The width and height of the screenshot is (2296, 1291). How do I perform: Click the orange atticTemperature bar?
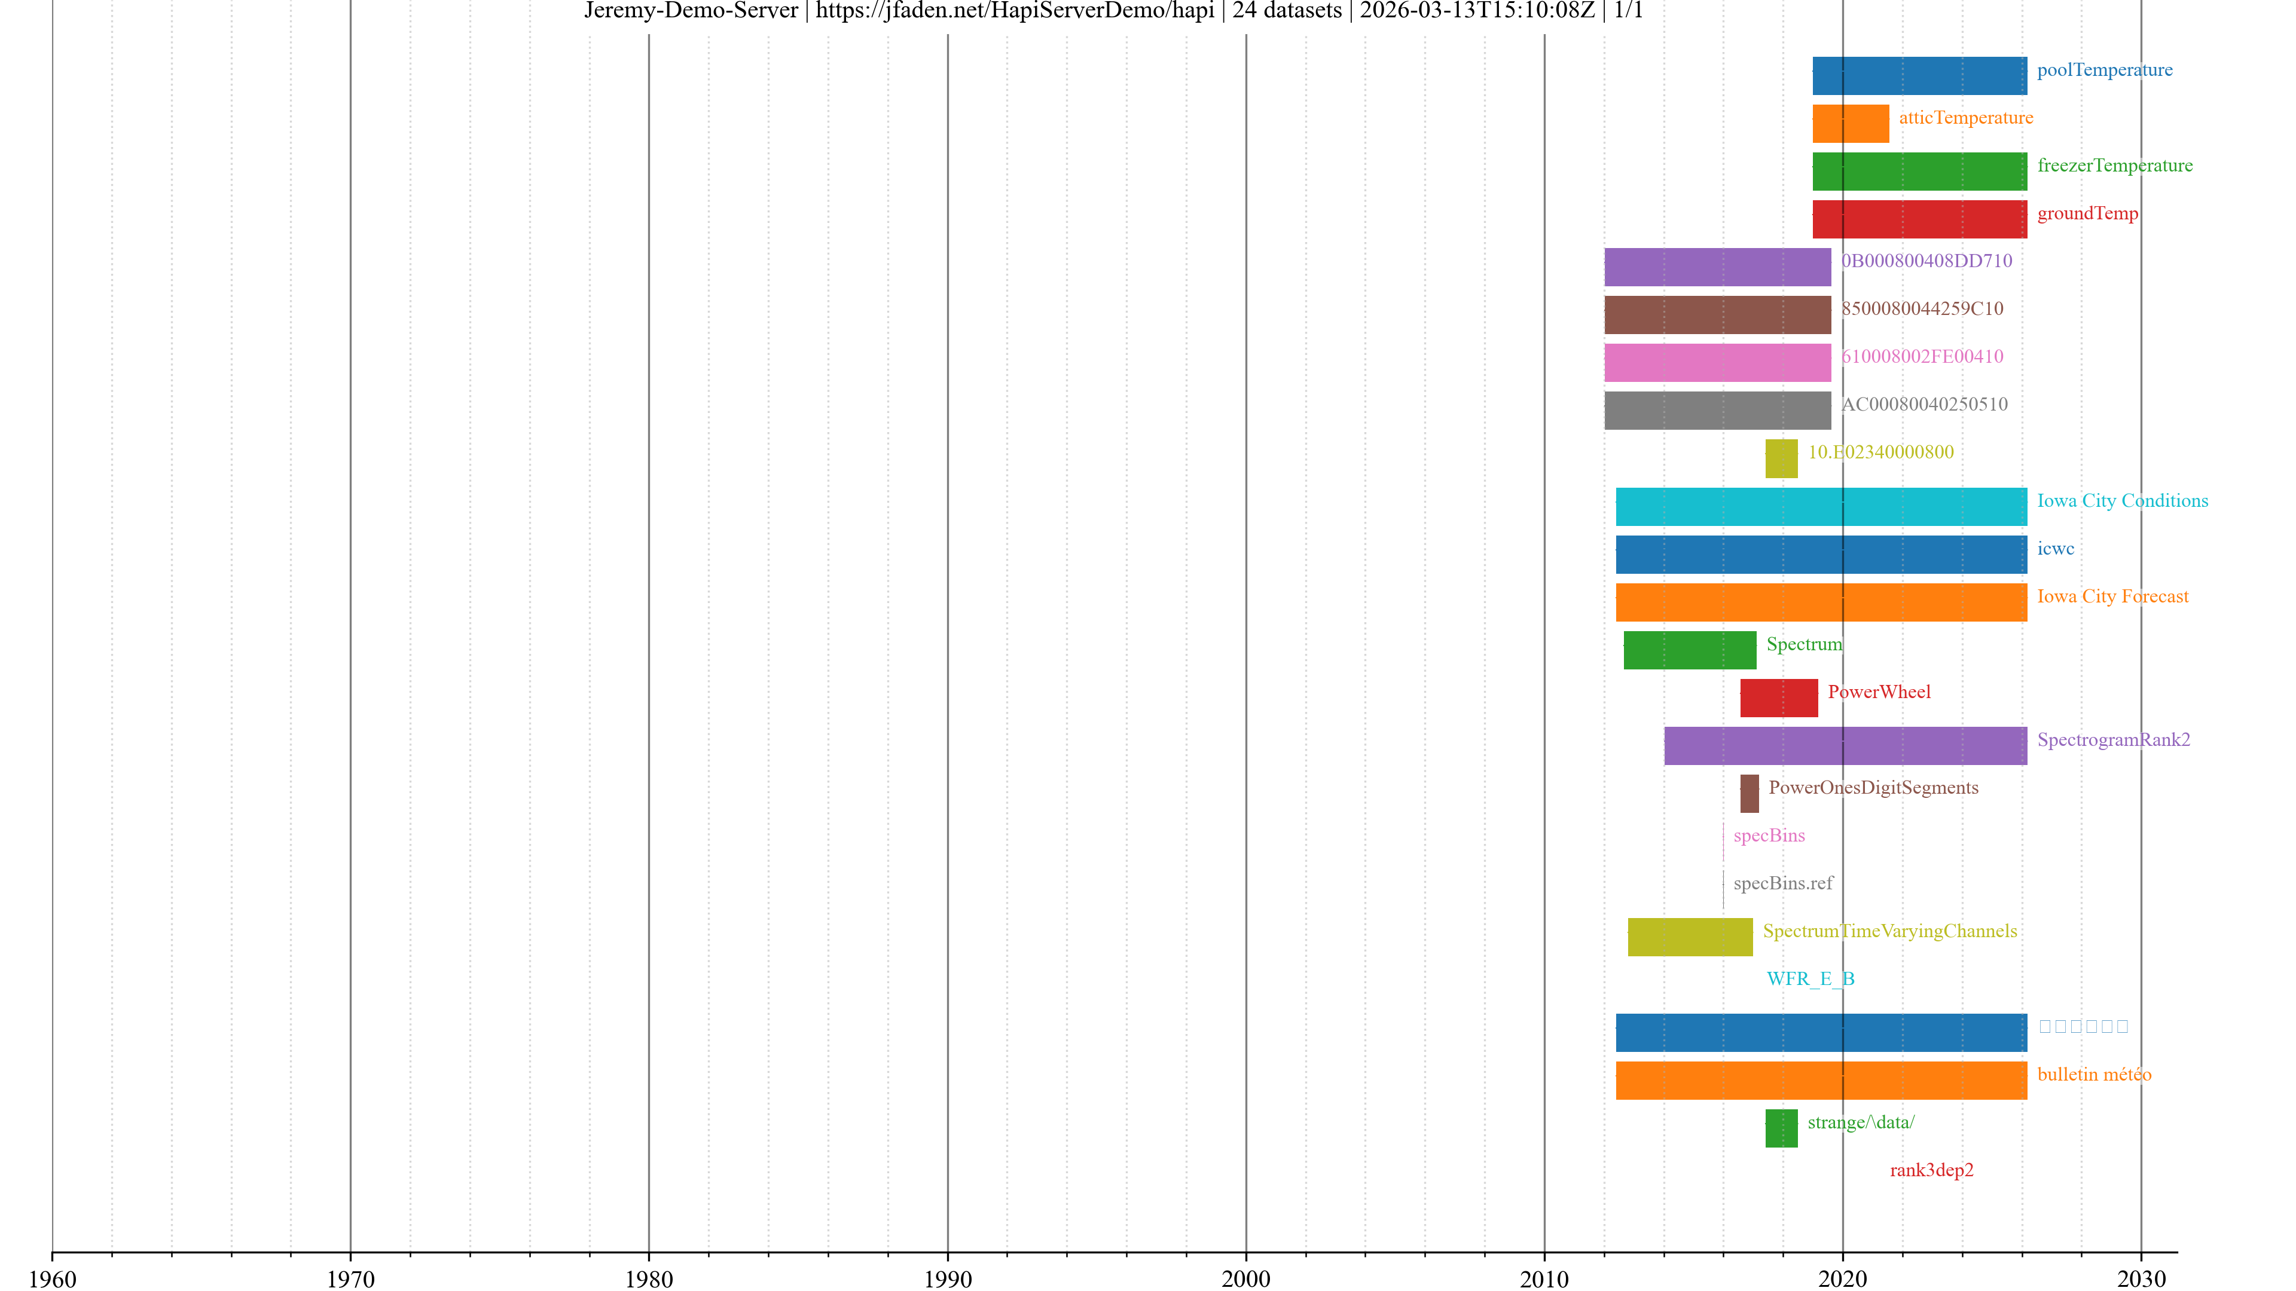[1851, 124]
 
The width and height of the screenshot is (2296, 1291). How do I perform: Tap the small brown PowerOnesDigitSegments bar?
[1750, 793]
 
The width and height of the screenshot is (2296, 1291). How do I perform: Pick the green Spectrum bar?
[1689, 650]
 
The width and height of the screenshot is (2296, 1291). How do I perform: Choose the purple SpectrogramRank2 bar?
[1845, 746]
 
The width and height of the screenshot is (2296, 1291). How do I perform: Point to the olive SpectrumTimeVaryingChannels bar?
[1690, 937]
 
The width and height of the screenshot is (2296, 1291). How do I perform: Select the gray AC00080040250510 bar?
[1718, 410]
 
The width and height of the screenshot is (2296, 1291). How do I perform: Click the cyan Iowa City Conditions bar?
[1821, 506]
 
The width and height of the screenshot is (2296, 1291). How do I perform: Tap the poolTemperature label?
[2105, 69]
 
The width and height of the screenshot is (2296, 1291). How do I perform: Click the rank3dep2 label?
[1931, 1170]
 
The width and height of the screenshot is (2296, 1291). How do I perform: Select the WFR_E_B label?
[1810, 978]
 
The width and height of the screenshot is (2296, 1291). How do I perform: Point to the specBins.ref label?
[1782, 883]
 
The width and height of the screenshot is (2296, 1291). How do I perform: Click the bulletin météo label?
[2094, 1075]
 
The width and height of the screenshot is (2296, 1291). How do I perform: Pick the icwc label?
[2056, 549]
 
